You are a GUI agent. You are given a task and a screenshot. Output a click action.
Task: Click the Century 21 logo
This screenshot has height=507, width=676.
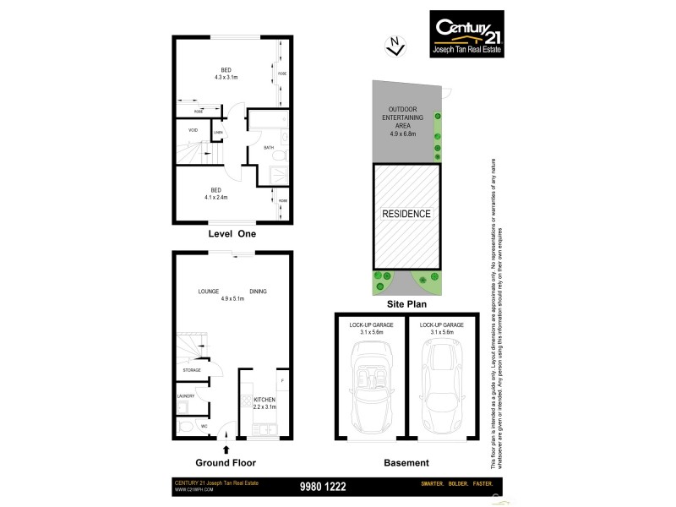click(468, 33)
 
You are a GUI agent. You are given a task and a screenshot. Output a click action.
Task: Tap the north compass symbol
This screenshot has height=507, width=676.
click(393, 46)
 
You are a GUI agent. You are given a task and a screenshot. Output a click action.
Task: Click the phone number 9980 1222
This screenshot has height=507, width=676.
click(324, 486)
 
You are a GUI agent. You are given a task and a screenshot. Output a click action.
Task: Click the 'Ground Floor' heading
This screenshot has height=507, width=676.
click(226, 463)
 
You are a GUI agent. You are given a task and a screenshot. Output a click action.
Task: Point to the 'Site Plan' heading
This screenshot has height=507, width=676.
click(406, 303)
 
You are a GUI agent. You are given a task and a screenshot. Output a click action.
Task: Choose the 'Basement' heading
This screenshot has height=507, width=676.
click(406, 463)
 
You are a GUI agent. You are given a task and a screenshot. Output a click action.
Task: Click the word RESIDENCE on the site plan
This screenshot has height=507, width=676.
click(406, 214)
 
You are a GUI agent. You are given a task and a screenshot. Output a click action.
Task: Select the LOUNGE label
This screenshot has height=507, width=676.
click(209, 292)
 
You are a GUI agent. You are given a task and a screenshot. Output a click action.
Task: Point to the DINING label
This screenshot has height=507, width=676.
click(258, 292)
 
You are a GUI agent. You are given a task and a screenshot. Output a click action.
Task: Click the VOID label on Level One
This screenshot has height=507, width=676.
click(193, 130)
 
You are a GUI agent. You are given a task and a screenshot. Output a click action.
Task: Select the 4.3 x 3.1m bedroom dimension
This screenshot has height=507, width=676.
click(226, 77)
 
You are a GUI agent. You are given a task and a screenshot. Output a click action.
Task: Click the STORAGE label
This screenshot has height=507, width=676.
click(192, 371)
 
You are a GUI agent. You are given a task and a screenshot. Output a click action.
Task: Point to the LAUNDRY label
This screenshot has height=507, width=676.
click(186, 396)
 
